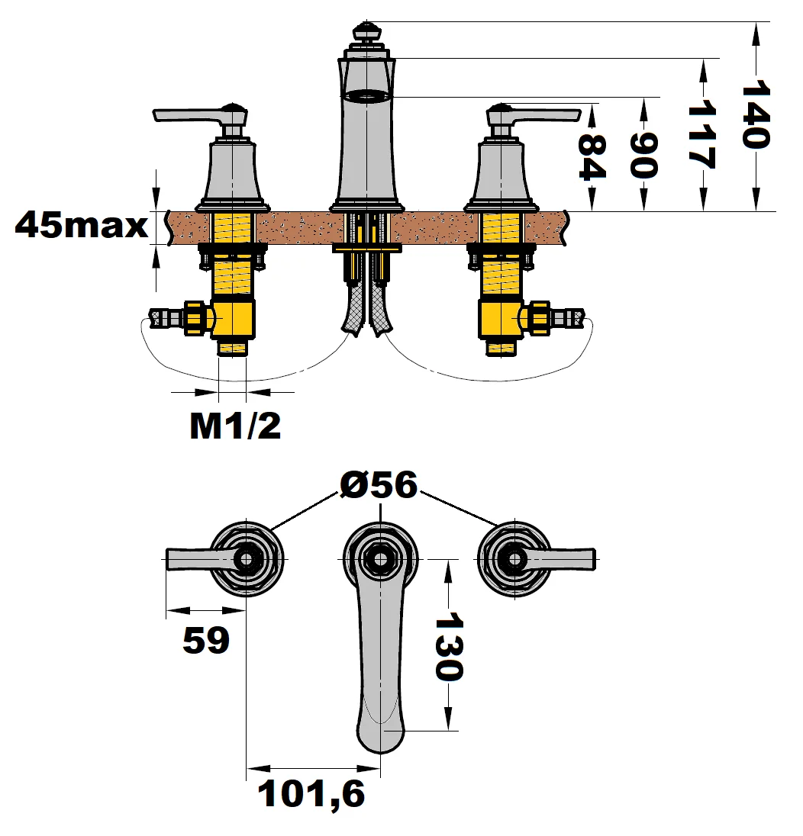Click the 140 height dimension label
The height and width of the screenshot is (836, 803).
pyautogui.click(x=756, y=115)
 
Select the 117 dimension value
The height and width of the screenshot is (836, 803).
pyautogui.click(x=701, y=136)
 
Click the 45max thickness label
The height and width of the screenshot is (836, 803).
pyautogui.click(x=81, y=226)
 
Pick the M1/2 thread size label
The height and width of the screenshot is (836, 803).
pyautogui.click(x=235, y=427)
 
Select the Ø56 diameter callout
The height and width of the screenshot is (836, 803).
pyautogui.click(x=379, y=485)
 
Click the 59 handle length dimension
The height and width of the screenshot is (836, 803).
pyautogui.click(x=205, y=641)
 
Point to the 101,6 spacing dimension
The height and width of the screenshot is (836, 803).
pyautogui.click(x=311, y=795)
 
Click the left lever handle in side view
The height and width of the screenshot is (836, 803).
pyautogui.click(x=191, y=115)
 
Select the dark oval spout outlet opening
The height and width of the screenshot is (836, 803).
pyautogui.click(x=366, y=96)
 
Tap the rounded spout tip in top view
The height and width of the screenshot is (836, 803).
pyautogui.click(x=379, y=732)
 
